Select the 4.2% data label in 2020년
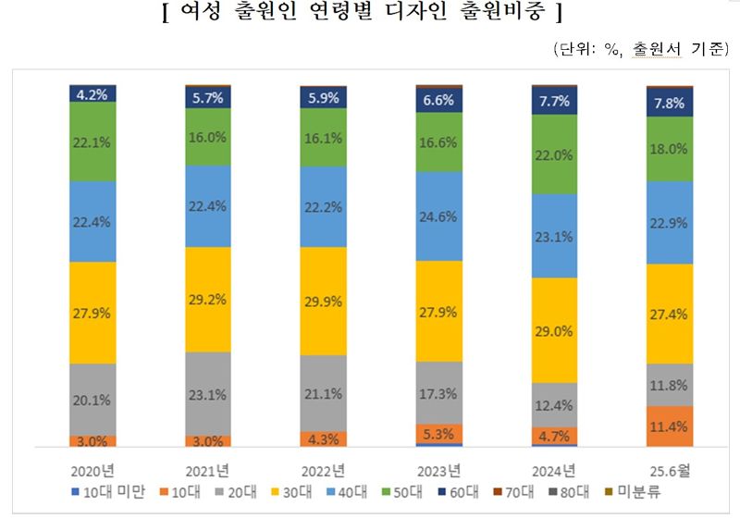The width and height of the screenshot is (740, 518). [x=92, y=92]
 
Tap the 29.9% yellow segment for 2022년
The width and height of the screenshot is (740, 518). [x=324, y=301]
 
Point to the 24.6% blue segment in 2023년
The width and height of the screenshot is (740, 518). [x=439, y=217]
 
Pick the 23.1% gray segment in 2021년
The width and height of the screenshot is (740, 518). [x=208, y=393]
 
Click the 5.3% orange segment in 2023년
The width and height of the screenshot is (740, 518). [x=439, y=433]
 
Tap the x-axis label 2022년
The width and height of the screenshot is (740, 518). [x=324, y=468]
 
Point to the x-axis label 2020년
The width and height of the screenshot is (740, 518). [x=92, y=468]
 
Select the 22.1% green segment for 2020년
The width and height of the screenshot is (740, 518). [x=92, y=141]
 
